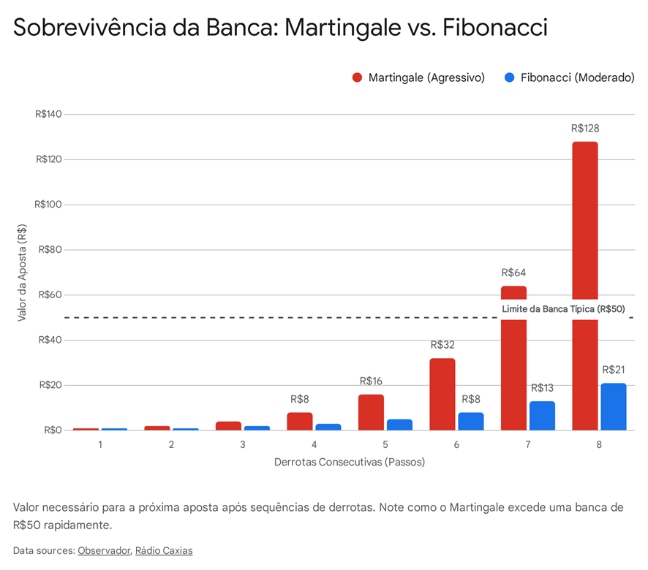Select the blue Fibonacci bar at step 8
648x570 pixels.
[613, 406]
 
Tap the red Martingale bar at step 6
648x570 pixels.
[442, 394]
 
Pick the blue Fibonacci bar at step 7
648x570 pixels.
[542, 415]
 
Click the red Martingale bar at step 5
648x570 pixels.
[371, 412]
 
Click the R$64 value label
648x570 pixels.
[513, 273]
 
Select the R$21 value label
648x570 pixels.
[613, 370]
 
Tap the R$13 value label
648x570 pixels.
[542, 388]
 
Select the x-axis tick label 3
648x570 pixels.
[242, 444]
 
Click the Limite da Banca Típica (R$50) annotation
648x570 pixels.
[563, 309]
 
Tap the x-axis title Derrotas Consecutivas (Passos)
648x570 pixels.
[350, 463]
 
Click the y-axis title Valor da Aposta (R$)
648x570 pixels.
[23, 273]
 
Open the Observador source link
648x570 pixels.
[104, 550]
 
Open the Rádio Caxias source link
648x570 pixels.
[164, 550]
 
